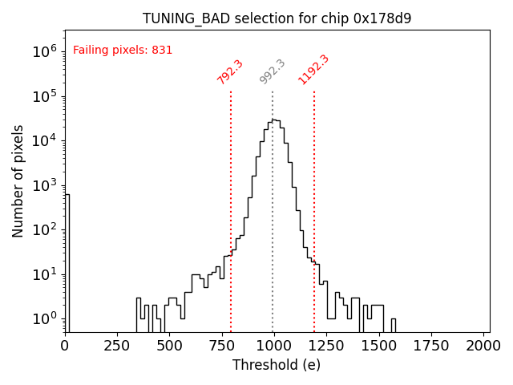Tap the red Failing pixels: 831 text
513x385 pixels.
click(123, 51)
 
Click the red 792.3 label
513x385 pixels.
click(230, 71)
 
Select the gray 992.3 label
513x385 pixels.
click(273, 71)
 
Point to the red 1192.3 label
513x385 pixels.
click(313, 70)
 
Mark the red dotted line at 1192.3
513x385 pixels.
click(314, 209)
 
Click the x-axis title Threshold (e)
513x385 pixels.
click(277, 365)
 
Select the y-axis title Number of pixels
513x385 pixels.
click(18, 181)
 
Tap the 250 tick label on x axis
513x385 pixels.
click(117, 346)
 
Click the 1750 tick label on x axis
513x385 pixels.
click(432, 346)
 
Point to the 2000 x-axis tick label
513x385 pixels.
click(484, 346)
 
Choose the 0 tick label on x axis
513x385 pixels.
click(65, 346)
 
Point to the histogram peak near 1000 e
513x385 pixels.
click(274, 120)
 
